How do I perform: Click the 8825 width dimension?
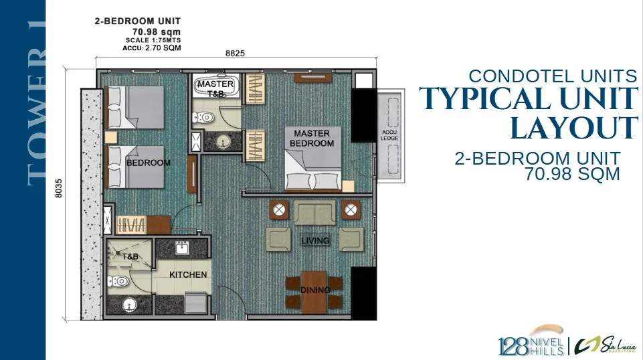point(235,54)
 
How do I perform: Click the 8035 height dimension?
point(59,188)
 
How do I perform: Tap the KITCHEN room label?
point(188,275)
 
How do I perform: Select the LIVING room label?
point(315,241)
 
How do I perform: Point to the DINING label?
point(315,290)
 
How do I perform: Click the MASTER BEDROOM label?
point(312,139)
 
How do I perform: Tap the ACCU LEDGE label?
point(389,135)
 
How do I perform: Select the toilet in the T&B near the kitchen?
point(118,282)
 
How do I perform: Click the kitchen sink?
point(182,248)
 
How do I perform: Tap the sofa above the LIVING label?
point(314,212)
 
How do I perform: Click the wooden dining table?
point(314,292)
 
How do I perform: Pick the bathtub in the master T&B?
point(215,86)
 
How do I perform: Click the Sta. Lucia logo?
point(606,345)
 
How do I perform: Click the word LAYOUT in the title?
point(574,128)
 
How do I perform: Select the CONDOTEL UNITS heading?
point(553,76)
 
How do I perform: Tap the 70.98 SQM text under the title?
point(573,174)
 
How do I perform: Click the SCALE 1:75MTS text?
point(153,40)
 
